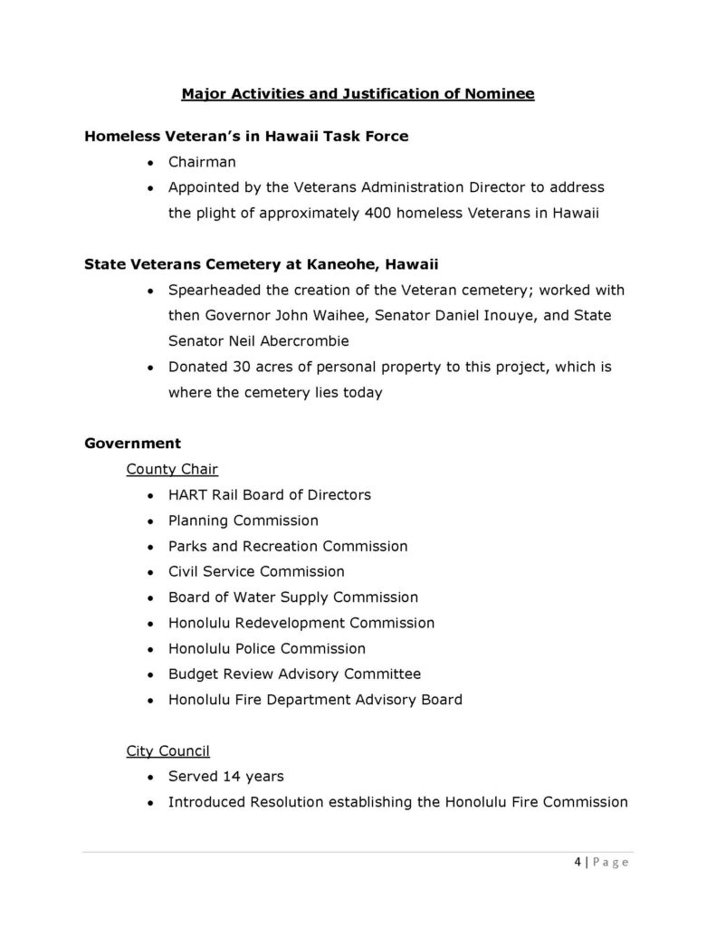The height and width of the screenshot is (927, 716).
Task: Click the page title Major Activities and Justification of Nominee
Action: coord(358,93)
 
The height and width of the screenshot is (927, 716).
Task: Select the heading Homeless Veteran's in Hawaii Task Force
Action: coord(246,137)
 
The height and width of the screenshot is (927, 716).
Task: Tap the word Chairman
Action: coord(202,162)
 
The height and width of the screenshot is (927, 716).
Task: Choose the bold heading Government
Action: coord(132,444)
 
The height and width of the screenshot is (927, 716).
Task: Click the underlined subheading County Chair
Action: coord(172,469)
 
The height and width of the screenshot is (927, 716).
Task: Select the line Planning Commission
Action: coord(243,521)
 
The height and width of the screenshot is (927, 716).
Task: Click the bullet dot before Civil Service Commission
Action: coord(149,572)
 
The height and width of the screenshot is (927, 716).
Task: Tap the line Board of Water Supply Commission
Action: coord(292,597)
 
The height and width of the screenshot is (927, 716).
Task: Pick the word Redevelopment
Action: coord(288,623)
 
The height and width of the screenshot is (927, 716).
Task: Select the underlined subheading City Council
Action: coord(168,750)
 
